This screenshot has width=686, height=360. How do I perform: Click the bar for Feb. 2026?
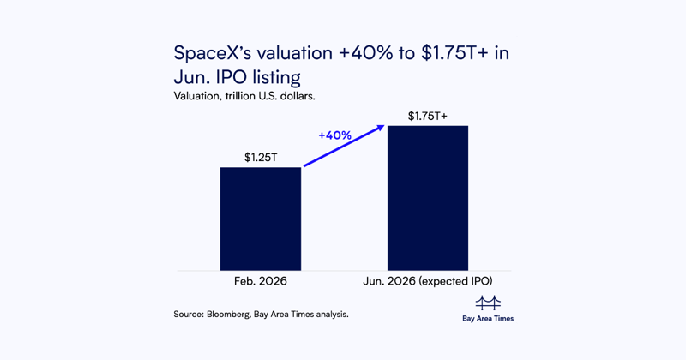(260, 219)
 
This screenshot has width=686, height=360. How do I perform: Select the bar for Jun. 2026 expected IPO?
(427, 198)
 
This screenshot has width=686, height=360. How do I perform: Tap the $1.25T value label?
(260, 158)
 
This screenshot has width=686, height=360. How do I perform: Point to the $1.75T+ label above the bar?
(427, 116)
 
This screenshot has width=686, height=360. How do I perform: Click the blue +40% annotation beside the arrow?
(334, 135)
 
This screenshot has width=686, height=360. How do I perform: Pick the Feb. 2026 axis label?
(260, 282)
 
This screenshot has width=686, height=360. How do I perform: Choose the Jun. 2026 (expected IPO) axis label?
(427, 282)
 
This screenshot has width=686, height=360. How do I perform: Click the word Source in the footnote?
(188, 315)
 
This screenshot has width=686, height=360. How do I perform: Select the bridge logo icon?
(487, 303)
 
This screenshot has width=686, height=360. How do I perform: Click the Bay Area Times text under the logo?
(487, 319)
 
